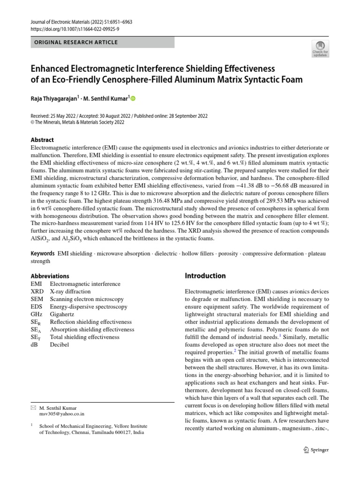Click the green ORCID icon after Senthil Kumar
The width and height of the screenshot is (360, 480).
[132, 99]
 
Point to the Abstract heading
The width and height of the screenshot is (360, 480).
[42, 140]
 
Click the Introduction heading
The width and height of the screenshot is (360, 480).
[205, 276]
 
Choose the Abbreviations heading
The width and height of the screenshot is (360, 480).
[50, 276]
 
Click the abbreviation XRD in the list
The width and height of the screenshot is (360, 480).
[37, 292]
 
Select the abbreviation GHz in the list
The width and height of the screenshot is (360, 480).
[37, 314]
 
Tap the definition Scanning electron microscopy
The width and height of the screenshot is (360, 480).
[87, 299]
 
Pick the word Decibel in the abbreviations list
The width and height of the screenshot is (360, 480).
[60, 345]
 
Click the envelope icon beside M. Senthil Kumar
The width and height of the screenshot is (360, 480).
[33, 408]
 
